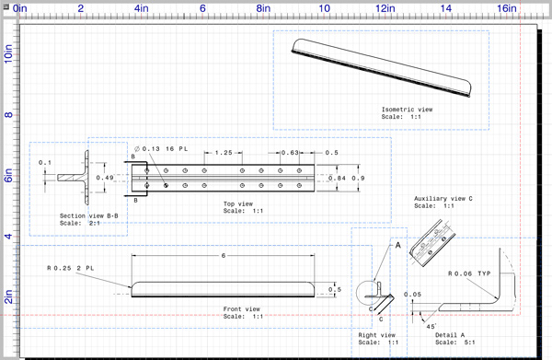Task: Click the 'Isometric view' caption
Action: point(407,110)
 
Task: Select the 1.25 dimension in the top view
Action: point(224,153)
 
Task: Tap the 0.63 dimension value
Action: point(290,153)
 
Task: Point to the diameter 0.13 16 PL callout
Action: point(161,149)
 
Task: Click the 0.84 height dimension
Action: point(337,179)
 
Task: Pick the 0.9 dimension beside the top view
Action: point(358,179)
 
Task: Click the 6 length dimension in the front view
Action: point(224,256)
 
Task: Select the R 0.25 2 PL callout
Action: point(71,268)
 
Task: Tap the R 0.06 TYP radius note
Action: point(469,273)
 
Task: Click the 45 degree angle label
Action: point(431,327)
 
